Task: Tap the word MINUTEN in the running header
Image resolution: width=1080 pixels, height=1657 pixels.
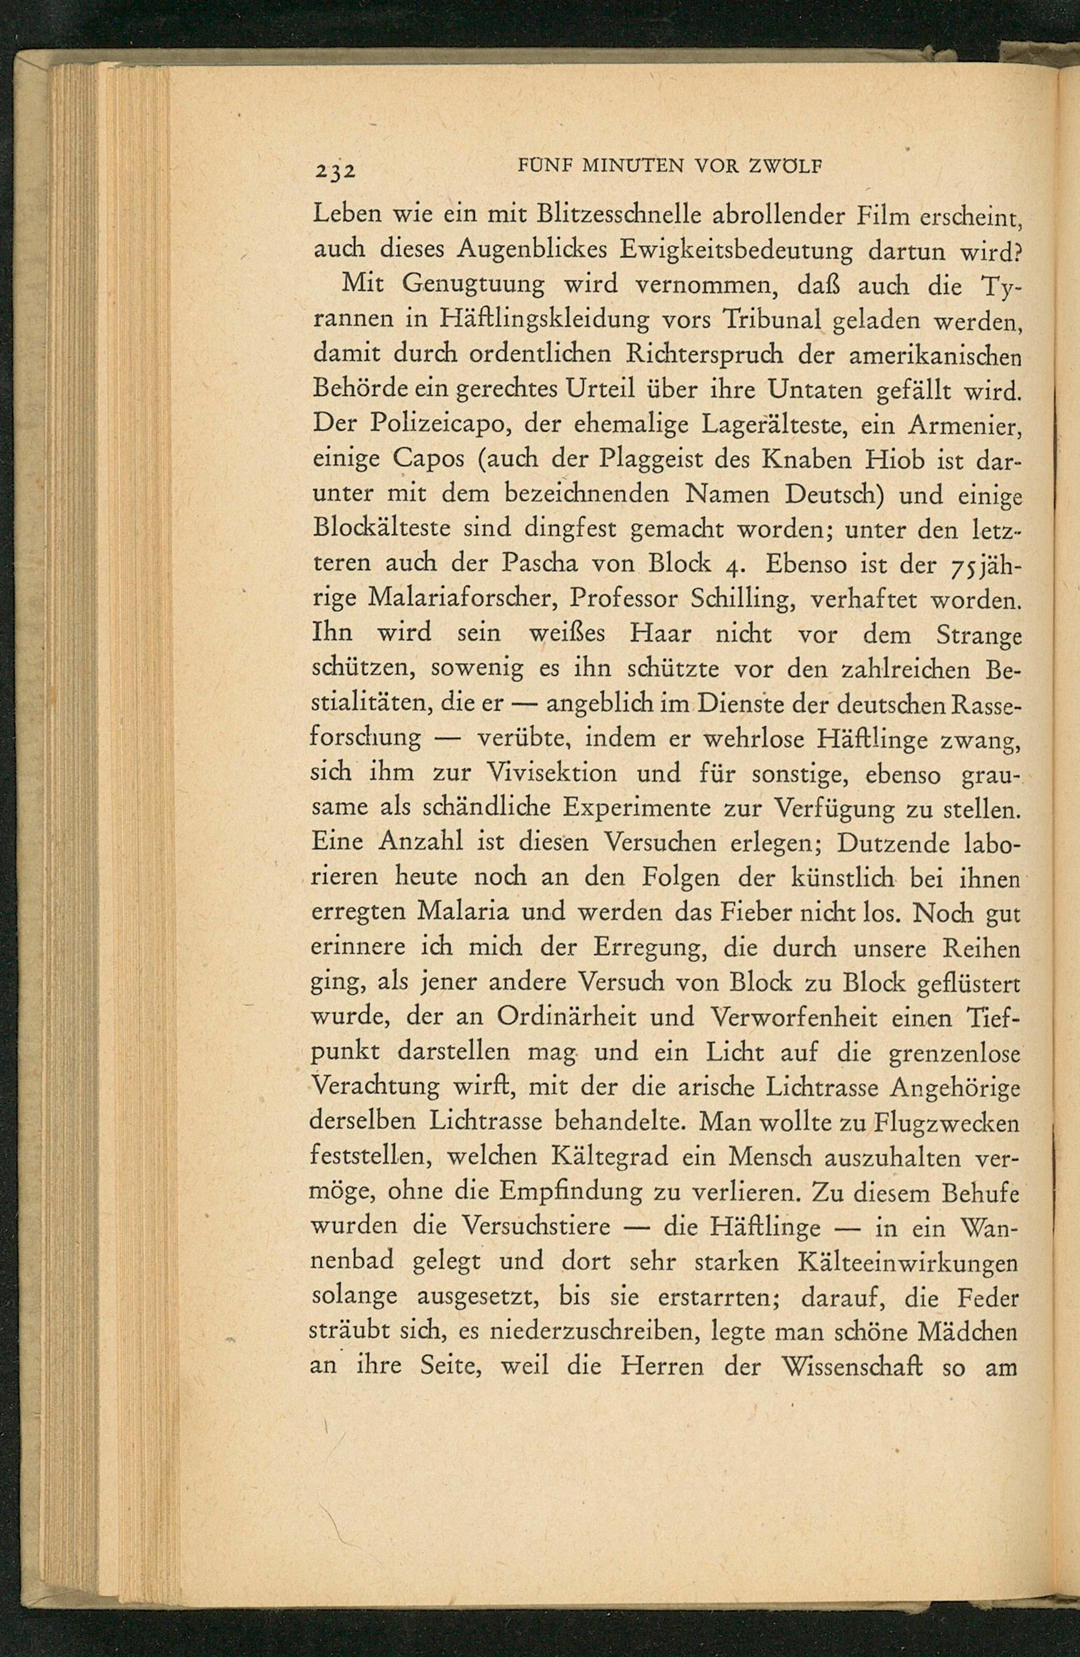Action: pos(635,166)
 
